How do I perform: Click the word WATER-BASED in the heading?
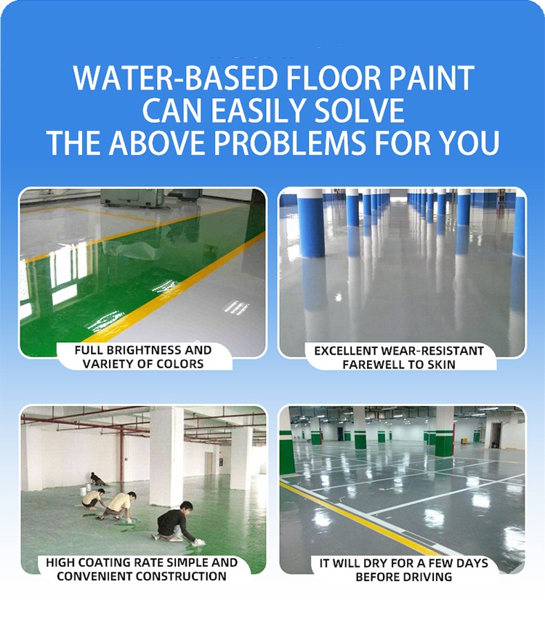(176, 78)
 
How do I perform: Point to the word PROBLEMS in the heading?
(289, 142)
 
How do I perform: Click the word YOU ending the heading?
(469, 142)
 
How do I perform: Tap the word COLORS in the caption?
(182, 364)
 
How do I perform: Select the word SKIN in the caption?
(441, 365)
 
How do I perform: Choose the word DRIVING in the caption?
(428, 577)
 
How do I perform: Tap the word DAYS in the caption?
(472, 563)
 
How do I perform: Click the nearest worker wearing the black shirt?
(176, 522)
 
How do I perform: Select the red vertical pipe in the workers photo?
(121, 458)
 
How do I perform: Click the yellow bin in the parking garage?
(464, 442)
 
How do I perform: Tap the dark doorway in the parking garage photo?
(496, 436)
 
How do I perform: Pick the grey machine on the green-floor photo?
(133, 197)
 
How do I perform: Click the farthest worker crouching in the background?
(97, 480)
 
